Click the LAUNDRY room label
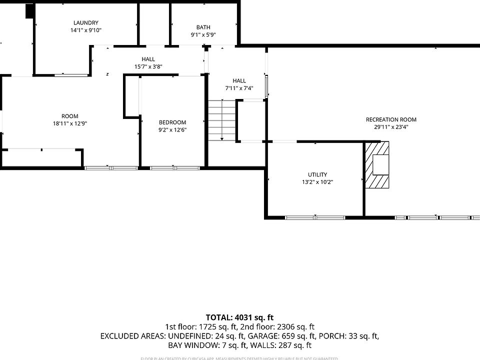click(x=85, y=22)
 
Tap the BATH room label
click(x=203, y=27)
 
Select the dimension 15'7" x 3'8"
click(x=148, y=66)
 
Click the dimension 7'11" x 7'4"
click(x=239, y=88)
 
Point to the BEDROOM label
click(x=172, y=122)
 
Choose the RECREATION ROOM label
click(x=391, y=119)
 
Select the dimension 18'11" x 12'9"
click(x=70, y=123)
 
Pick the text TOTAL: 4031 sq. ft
click(x=239, y=317)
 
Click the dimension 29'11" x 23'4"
click(x=391, y=127)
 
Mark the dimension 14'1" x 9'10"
click(x=85, y=30)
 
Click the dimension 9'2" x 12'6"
click(x=172, y=130)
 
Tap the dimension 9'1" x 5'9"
click(x=203, y=35)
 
